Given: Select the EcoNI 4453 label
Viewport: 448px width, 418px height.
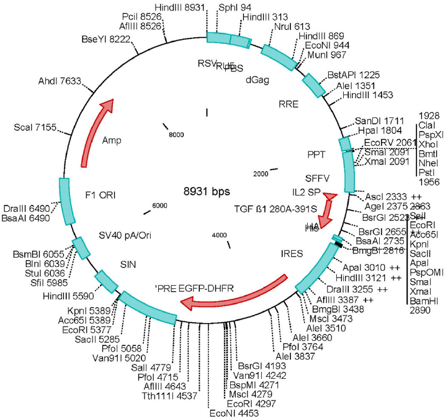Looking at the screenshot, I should click(x=230, y=412).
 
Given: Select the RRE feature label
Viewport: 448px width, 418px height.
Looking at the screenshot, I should click(x=288, y=104).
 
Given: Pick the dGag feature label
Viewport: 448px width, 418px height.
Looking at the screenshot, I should click(x=257, y=79).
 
